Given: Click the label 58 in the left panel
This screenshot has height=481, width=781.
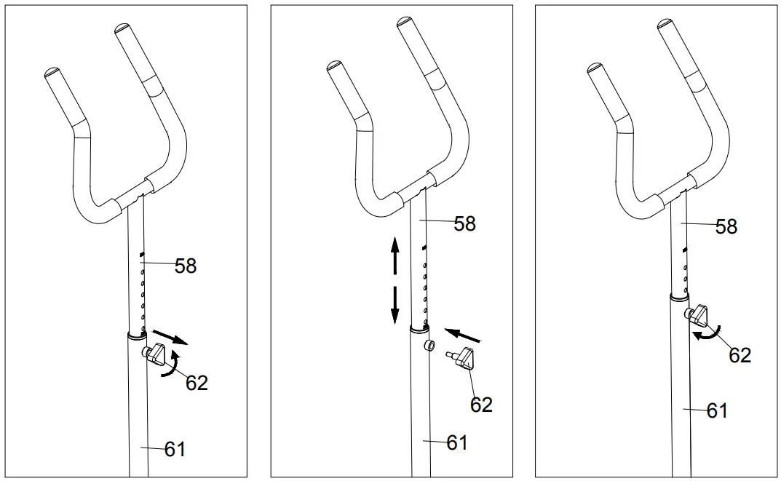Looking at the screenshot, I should click(x=186, y=266).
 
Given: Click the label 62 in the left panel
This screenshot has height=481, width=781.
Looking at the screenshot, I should click(x=197, y=383).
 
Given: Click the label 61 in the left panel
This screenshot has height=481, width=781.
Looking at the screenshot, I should click(x=175, y=450).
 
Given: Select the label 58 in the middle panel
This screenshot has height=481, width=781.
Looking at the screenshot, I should click(x=464, y=223).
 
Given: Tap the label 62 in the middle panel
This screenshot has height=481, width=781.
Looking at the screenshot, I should click(x=481, y=405).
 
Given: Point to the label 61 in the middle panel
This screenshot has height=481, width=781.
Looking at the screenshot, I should click(x=456, y=442).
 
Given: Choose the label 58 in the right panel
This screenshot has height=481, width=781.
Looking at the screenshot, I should click(x=726, y=226).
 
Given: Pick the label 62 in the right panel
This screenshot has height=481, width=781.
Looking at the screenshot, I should click(x=740, y=355).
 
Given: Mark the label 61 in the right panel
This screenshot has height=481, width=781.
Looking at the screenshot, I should click(x=717, y=411).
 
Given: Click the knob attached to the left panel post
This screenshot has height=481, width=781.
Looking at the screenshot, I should click(x=156, y=355).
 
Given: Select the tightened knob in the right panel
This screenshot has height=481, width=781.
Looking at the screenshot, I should click(x=699, y=315).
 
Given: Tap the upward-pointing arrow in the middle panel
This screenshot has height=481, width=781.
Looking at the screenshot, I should click(x=395, y=255).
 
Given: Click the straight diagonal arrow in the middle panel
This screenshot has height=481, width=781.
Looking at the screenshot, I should click(x=463, y=334).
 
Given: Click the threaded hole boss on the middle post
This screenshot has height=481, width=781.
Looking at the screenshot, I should click(x=429, y=344).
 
